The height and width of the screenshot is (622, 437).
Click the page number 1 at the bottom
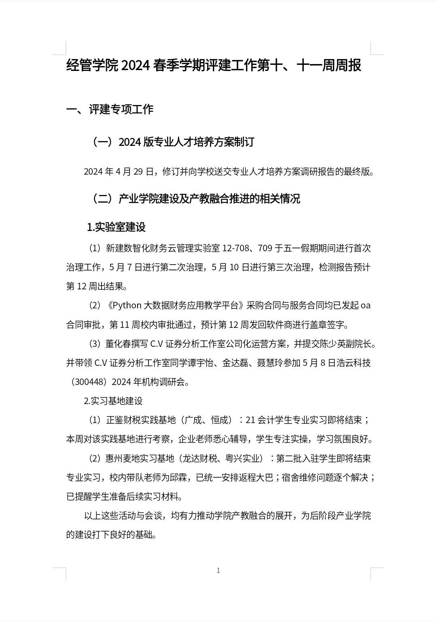click(218, 571)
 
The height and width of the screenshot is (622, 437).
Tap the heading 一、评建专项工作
click(110, 109)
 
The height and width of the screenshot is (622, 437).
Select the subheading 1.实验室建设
click(116, 227)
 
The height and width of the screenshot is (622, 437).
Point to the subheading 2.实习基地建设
click(113, 401)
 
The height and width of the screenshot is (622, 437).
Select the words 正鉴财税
click(123, 420)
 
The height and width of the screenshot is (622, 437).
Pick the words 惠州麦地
click(123, 458)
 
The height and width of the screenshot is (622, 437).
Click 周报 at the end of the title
click(348, 65)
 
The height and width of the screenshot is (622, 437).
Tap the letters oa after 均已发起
click(365, 306)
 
